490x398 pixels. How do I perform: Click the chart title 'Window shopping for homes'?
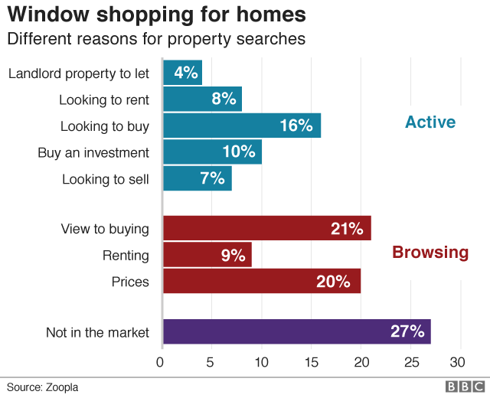point(157,15)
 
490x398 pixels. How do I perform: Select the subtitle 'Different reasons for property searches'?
point(156,38)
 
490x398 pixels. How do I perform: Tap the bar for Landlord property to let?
point(183,73)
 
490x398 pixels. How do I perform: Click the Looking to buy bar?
point(242,126)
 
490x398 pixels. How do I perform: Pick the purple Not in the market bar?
point(297,331)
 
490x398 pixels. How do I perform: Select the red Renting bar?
point(207,255)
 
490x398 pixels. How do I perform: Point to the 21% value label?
point(347,229)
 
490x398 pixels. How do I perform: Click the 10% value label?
point(238,152)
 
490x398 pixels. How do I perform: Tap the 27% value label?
point(407,331)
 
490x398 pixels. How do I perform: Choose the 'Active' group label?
point(430,122)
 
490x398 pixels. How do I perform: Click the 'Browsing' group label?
point(430,252)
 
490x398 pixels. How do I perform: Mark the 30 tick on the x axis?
point(459,361)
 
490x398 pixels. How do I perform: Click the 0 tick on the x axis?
point(161,361)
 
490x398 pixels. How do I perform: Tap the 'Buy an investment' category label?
point(93,152)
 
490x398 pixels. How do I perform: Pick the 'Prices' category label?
point(130,282)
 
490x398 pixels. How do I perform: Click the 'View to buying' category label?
point(105,229)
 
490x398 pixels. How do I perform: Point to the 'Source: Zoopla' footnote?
point(43,387)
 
